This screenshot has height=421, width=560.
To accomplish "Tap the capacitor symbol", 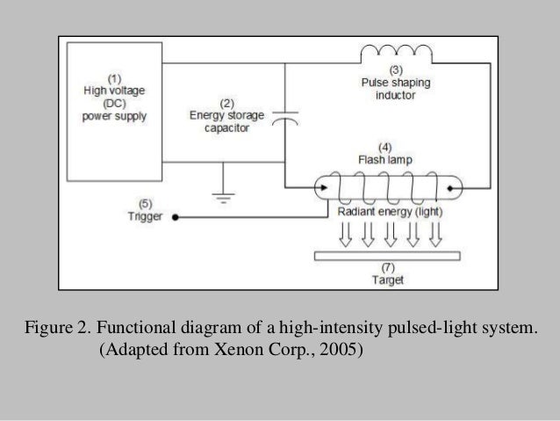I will (286, 118).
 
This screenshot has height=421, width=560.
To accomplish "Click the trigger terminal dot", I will (174, 216).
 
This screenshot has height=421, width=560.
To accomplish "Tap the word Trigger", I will (144, 217).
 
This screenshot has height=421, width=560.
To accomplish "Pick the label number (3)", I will (395, 69).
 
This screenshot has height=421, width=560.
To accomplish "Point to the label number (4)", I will (384, 147).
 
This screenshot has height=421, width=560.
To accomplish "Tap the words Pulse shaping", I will (395, 82).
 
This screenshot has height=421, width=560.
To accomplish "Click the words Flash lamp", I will (384, 160).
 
